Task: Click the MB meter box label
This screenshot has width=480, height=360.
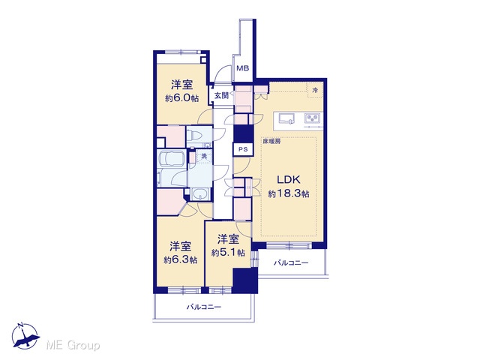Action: coord(243,68)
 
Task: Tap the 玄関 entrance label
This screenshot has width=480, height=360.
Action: coord(221,95)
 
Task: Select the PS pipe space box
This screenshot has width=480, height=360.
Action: coord(243,150)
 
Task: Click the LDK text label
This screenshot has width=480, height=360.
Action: coord(288,180)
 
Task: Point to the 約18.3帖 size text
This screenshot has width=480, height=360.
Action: coord(288,193)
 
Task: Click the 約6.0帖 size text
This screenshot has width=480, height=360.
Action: coord(181,98)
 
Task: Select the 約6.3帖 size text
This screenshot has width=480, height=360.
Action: coord(180,260)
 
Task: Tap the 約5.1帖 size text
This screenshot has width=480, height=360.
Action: coord(228,253)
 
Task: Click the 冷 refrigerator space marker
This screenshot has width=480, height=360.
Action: coord(315,90)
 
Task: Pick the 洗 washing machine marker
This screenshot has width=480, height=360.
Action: coord(204,156)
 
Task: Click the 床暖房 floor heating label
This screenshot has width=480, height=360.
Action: coord(271,142)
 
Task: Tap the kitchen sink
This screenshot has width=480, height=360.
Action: coord(286,118)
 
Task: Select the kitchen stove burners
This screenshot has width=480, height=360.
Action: coord(313,118)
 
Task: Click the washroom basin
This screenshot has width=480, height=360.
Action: coord(199,194)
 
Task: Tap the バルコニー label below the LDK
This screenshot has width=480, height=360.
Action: coord(291,263)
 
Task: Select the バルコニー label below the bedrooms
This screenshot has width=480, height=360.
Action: coord(204,307)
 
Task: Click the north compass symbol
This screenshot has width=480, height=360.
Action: coord(25,336)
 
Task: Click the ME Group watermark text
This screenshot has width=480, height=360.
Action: coord(73,345)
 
